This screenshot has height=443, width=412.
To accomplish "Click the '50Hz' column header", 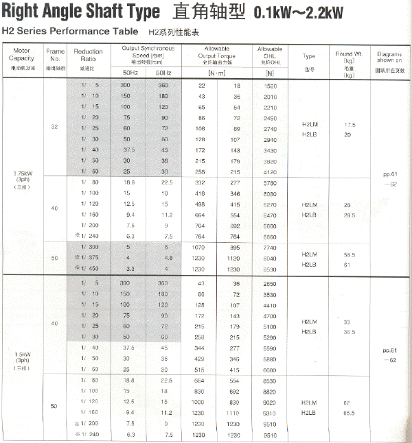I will [x=130, y=72].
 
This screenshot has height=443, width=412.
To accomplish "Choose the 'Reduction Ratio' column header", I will [x=88, y=56].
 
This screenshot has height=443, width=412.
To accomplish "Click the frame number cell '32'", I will [x=54, y=128].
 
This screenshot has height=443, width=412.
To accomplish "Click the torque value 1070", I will [x=201, y=246].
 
